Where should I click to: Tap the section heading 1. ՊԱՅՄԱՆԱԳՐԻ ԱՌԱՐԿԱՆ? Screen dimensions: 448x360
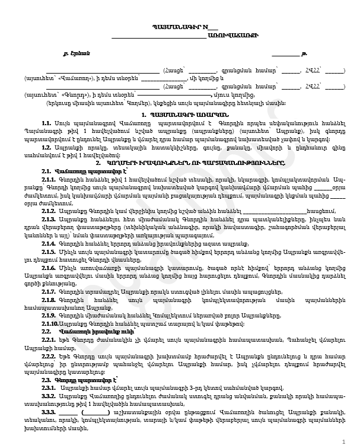[x=179, y=113]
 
